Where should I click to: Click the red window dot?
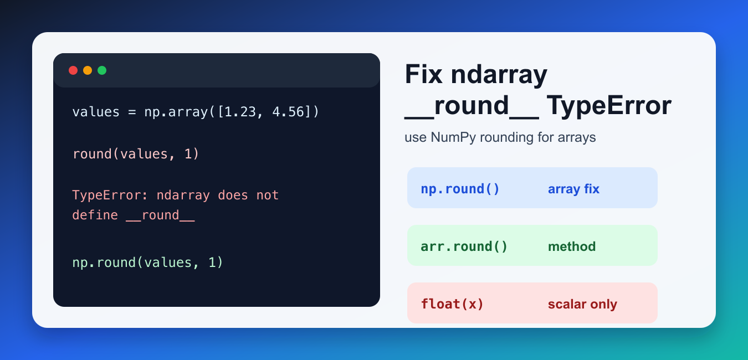(73, 70)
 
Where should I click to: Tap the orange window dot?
(88, 70)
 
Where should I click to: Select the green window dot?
(102, 70)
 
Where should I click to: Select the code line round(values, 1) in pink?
(136, 154)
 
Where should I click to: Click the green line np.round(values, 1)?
(147, 263)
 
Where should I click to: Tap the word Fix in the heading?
(424, 74)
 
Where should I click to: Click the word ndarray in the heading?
(499, 75)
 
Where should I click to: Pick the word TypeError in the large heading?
(609, 106)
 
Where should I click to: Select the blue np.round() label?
(460, 189)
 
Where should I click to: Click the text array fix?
(573, 189)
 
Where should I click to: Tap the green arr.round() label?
(464, 246)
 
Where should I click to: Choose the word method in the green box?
(572, 246)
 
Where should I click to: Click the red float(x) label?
(452, 304)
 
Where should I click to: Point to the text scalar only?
(582, 304)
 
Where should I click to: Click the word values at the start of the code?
(96, 112)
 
